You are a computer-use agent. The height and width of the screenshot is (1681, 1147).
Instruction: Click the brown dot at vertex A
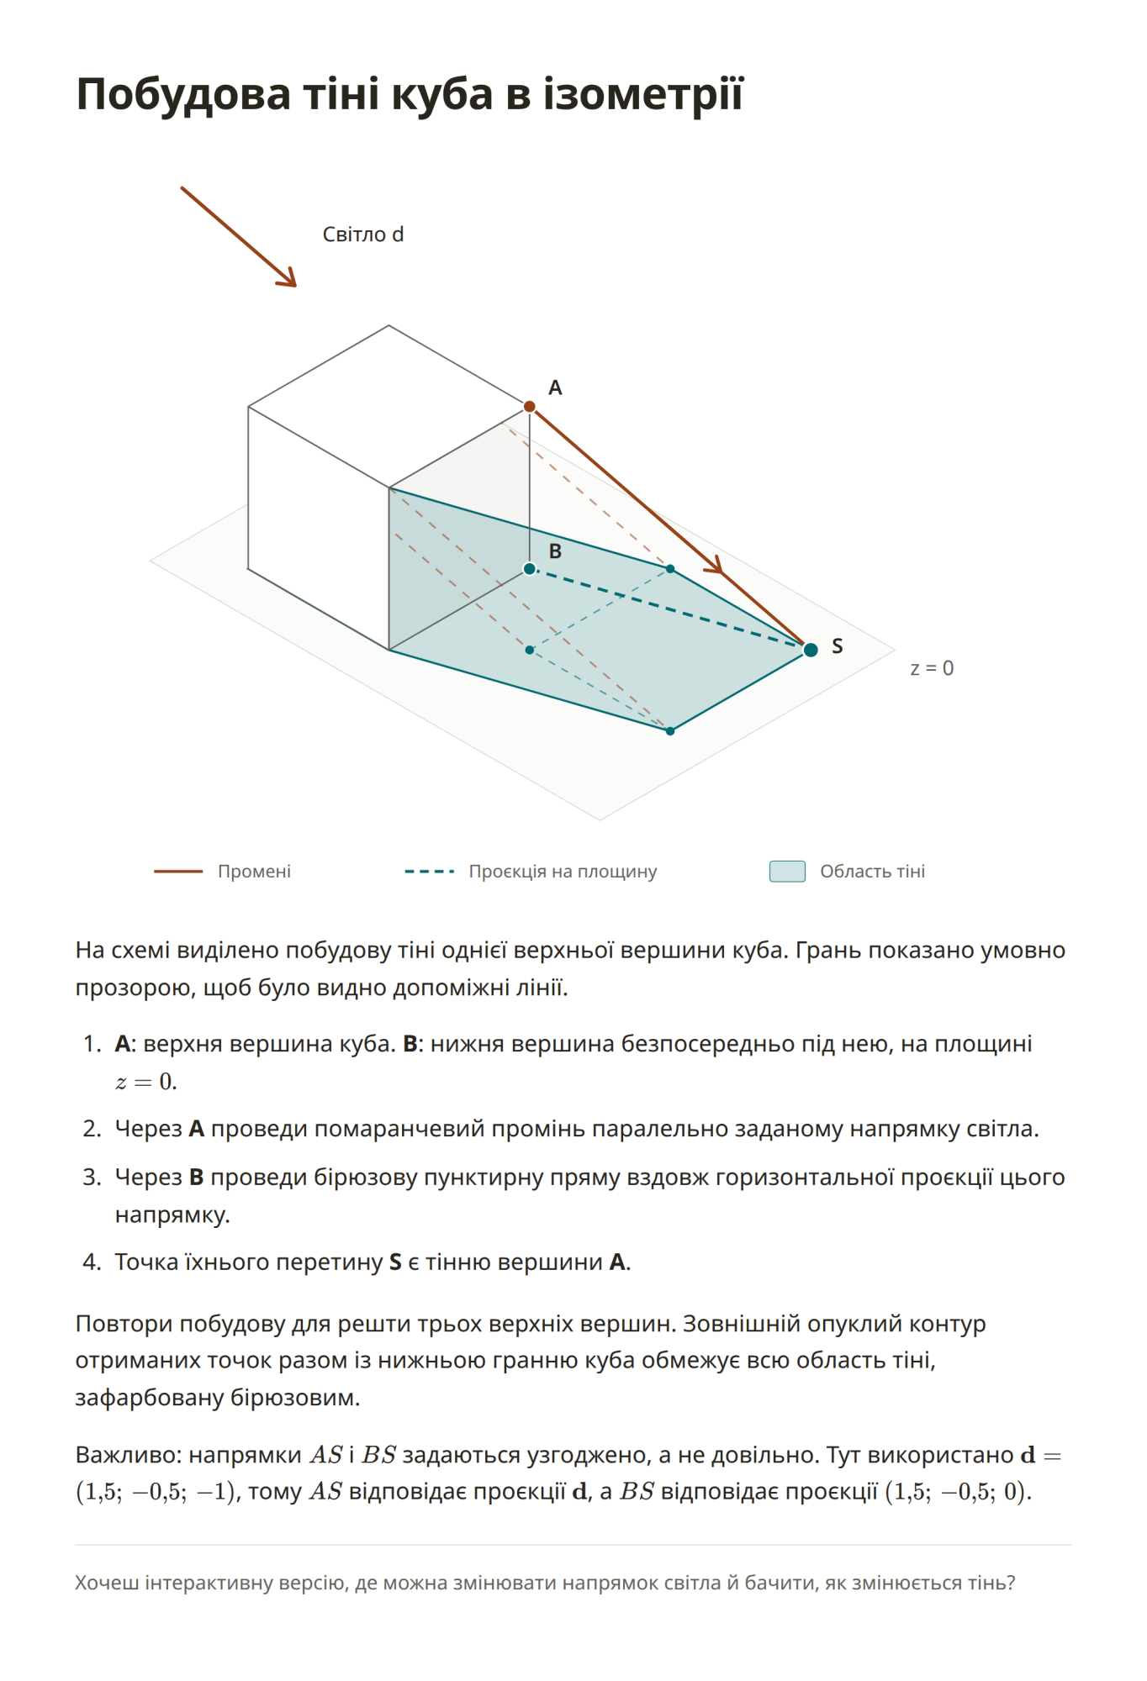(x=530, y=407)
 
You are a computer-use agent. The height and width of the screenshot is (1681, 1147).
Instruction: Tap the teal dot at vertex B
(x=530, y=569)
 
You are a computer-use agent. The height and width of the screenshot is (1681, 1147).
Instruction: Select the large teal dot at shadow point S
(x=811, y=650)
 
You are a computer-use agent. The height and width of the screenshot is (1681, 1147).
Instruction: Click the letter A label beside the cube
(x=555, y=387)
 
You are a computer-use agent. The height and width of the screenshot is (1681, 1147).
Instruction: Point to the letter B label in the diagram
(x=555, y=551)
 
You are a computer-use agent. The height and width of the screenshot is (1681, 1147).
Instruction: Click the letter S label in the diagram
(x=837, y=646)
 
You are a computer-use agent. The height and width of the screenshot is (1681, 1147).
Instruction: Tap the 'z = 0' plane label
(x=932, y=668)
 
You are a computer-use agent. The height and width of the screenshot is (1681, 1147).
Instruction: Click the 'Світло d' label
(x=363, y=234)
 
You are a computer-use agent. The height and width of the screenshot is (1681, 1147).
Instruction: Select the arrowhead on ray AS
(x=714, y=566)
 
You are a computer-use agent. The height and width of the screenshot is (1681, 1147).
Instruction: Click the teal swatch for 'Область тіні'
(x=787, y=872)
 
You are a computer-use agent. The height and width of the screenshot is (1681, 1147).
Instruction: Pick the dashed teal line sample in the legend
(x=429, y=872)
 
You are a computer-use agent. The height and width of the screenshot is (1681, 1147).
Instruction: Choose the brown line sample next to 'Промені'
(x=178, y=872)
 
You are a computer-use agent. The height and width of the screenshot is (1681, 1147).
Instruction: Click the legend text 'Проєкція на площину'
(x=563, y=872)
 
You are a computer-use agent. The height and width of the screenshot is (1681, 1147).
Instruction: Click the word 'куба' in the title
(x=442, y=94)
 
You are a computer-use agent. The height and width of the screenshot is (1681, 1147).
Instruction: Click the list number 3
(x=92, y=1177)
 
